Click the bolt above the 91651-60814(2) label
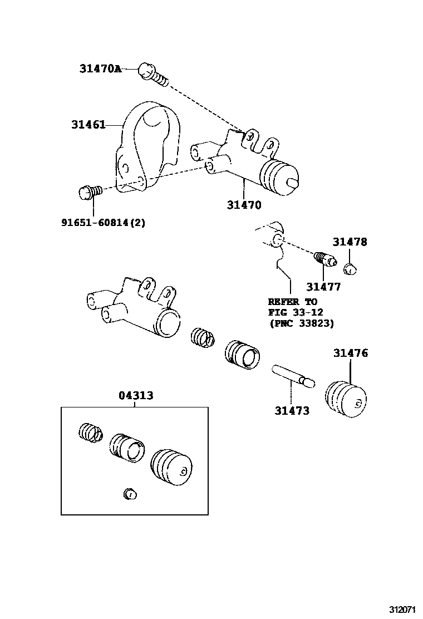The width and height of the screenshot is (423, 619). pos(89,193)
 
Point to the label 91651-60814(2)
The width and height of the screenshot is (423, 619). pos(103,222)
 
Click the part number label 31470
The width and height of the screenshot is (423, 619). pos(244,204)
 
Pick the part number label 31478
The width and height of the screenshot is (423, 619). pos(350,242)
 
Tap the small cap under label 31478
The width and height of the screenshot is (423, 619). pos(351,269)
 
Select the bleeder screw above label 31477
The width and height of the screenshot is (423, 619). pos(324,259)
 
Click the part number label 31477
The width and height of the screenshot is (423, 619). pos(323,287)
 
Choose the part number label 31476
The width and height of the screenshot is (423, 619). pos(351,353)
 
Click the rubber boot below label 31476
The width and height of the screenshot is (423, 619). pos(346,399)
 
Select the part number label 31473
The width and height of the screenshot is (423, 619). pos(292,411)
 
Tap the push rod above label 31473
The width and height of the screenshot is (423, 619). pos(293,375)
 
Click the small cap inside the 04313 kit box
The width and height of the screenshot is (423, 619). pos(130,493)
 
